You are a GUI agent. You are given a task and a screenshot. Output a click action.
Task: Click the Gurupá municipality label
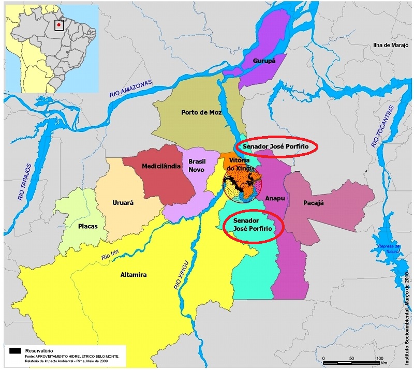coord(264,61)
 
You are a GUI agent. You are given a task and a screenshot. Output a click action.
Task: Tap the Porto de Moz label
coord(201,112)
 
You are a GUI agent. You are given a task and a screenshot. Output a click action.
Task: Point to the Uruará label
coord(123,203)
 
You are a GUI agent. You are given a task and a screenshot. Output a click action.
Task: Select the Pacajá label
coord(313,203)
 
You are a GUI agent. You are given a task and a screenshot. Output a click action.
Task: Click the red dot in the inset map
coord(59,24)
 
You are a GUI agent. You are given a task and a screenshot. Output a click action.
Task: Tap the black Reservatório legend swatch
coord(14,351)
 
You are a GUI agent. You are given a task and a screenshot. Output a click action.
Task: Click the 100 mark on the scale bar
coord(379,359)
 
